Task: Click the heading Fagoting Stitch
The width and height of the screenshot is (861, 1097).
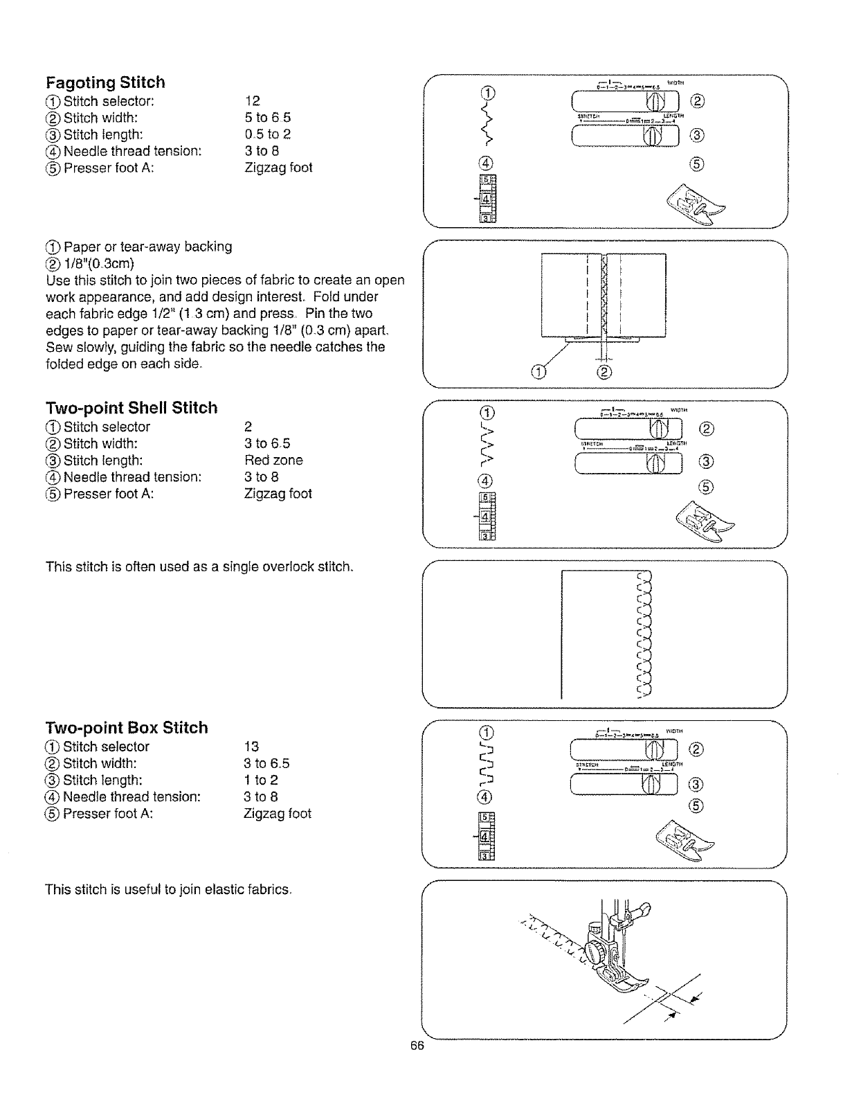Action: [105, 82]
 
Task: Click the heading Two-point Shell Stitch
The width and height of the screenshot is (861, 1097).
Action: [132, 408]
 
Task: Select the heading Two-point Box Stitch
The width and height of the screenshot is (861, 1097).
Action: [127, 728]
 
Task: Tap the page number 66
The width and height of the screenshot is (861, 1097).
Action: [416, 1046]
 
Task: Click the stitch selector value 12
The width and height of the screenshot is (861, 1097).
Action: [252, 101]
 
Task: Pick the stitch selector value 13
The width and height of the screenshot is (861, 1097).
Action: [251, 747]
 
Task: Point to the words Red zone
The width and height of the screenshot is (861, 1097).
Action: [273, 461]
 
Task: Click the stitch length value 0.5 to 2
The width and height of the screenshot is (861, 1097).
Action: [267, 134]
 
